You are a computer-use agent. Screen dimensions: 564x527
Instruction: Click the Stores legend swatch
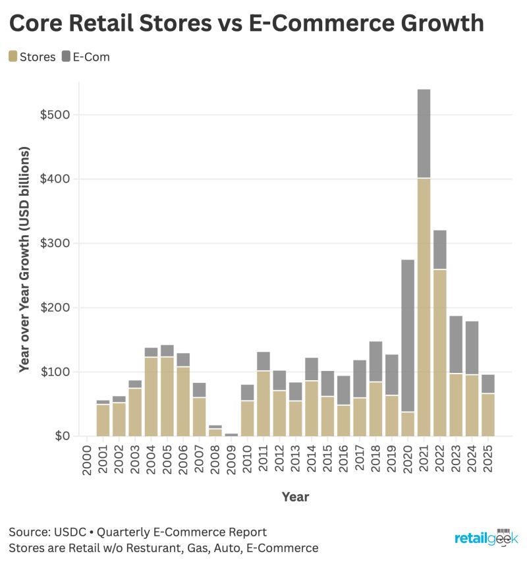click(13, 57)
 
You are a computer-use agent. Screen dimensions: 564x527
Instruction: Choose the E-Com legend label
click(92, 57)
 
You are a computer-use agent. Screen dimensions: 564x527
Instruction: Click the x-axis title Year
click(295, 496)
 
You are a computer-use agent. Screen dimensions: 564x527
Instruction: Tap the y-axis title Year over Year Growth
click(24, 260)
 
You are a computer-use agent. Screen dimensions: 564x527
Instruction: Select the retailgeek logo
click(486, 538)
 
